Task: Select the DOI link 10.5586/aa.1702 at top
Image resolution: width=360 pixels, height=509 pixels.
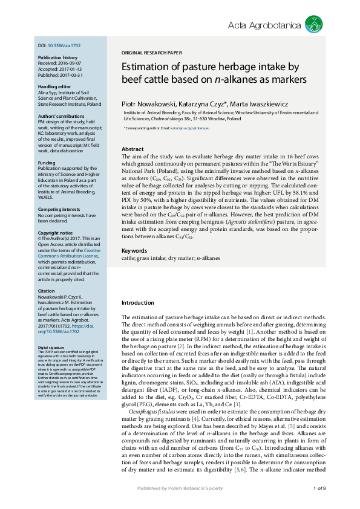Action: pyautogui.click(x=64, y=45)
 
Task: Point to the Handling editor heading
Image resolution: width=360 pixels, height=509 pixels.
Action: pyautogui.click(x=53, y=86)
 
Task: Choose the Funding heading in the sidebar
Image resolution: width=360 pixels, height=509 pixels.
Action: pyautogui.click(x=47, y=163)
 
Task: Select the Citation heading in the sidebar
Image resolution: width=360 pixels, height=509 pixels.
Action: pyautogui.click(x=47, y=291)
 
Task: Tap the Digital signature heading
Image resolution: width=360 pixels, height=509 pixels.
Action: pyautogui.click(x=51, y=348)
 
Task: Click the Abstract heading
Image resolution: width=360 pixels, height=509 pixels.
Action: pyautogui.click(x=133, y=149)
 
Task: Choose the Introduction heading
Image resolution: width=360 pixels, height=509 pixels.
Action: pyautogui.click(x=138, y=303)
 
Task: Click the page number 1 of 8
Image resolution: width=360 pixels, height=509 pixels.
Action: pyautogui.click(x=319, y=488)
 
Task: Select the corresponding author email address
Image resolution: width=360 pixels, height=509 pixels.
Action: pyautogui.click(x=189, y=128)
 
